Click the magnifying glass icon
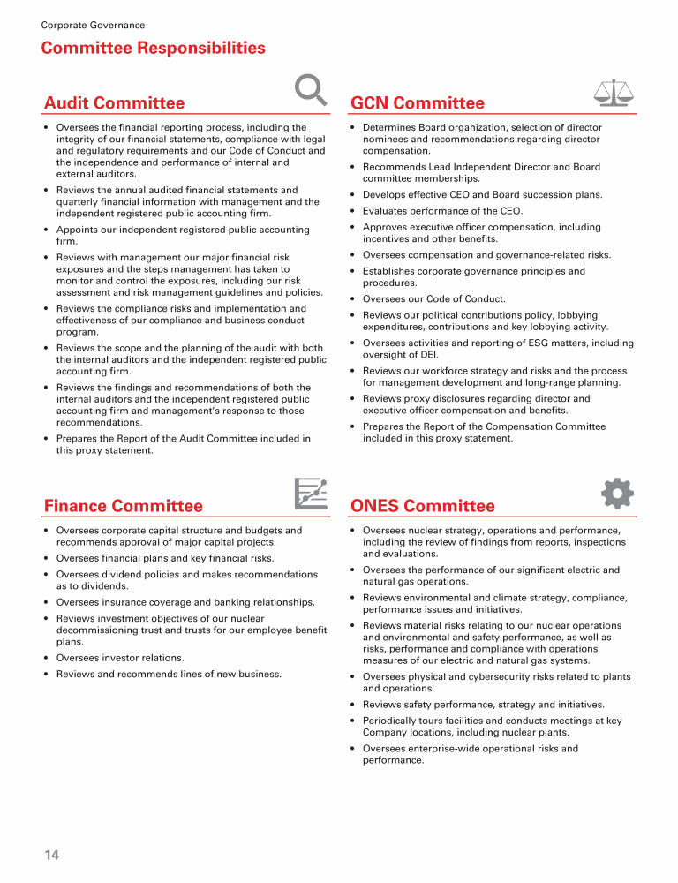tap(310, 89)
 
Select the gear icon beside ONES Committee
tap(616, 493)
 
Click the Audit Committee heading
tap(115, 103)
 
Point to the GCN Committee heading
tap(418, 103)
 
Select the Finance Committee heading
tap(124, 506)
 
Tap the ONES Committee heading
tap(423, 506)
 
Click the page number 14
tap(51, 855)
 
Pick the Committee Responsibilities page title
tap(154, 48)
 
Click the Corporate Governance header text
tap(93, 26)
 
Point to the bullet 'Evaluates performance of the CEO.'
tap(442, 211)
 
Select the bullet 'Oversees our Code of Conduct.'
tap(433, 299)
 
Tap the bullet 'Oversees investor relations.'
tap(120, 658)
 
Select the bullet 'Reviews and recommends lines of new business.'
tap(169, 675)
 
